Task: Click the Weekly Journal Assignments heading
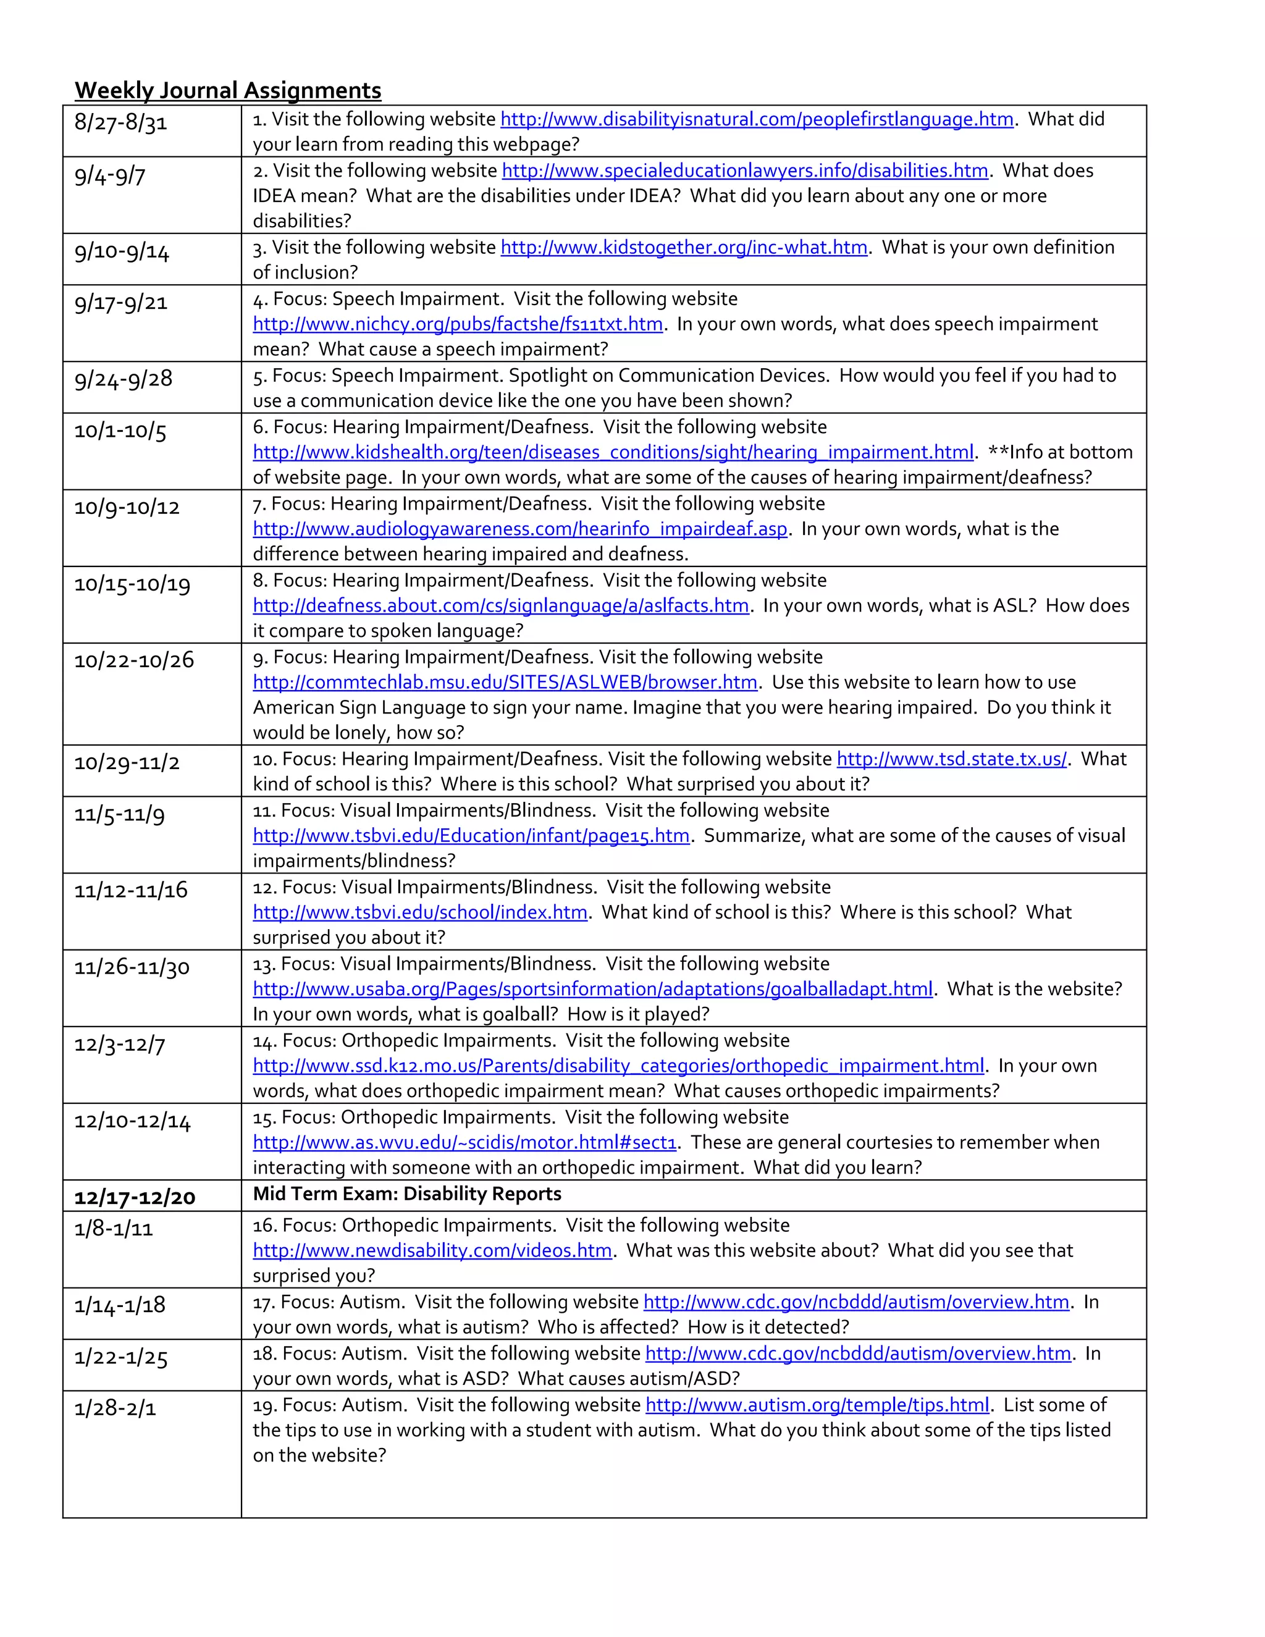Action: [228, 91]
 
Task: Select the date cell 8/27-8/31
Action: [120, 122]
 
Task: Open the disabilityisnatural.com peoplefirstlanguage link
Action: [756, 119]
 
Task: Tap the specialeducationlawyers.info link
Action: [744, 171]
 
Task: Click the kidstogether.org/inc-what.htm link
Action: [684, 247]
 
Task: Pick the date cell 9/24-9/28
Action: [123, 379]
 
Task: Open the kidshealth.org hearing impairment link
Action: [613, 452]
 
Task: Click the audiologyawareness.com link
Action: [519, 529]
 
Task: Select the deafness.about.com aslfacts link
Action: [500, 605]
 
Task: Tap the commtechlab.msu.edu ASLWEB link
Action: [505, 682]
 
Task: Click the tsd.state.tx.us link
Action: [951, 759]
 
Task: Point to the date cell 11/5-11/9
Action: [119, 815]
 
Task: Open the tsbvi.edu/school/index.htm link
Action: [419, 912]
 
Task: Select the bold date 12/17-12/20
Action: [135, 1197]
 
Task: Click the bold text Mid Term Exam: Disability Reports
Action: [407, 1194]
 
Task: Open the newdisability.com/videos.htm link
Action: [432, 1250]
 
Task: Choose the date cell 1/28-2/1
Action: [115, 1408]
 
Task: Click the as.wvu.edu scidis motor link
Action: [464, 1142]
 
